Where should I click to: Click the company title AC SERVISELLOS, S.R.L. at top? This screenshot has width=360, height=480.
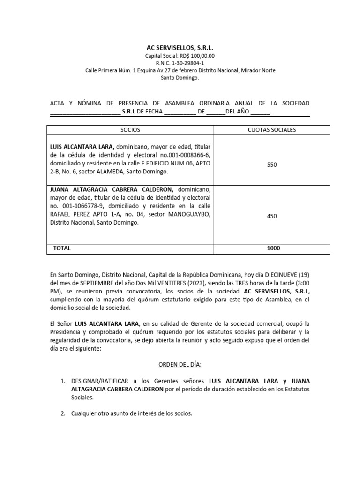coord(180,48)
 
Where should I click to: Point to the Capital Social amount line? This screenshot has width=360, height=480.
coord(180,56)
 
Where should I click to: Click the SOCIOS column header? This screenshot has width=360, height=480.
coord(130,130)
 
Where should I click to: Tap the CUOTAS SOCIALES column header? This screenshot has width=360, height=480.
coord(272,130)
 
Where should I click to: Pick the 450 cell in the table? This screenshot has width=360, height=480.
coord(272,216)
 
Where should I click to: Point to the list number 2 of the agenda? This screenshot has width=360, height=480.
coord(63,414)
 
